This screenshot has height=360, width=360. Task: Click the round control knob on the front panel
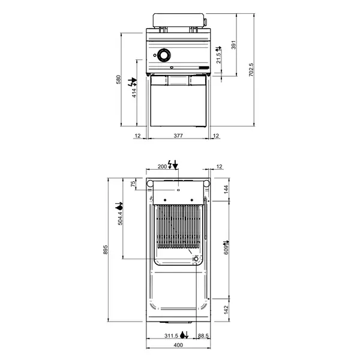[x=163, y=55]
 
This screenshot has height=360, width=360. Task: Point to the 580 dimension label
[x=119, y=79]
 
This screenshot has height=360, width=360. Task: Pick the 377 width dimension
[x=178, y=136]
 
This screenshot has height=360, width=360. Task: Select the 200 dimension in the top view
[x=161, y=166]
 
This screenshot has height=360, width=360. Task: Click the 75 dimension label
[x=134, y=184]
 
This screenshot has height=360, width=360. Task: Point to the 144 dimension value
[x=226, y=188]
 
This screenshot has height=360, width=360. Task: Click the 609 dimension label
[x=226, y=248]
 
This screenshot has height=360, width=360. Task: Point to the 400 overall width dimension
[x=178, y=346]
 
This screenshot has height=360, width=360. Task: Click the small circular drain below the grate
[x=195, y=259]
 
